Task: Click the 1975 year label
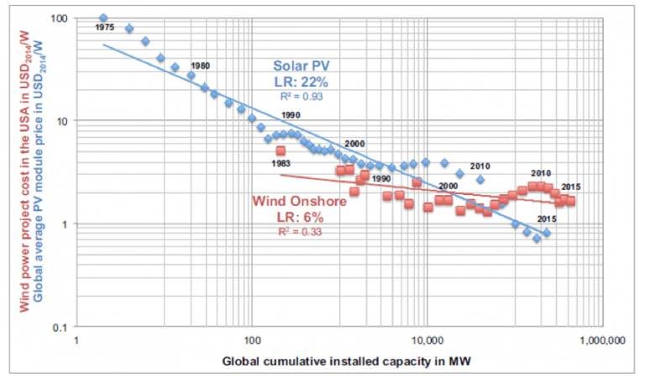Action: pos(105,28)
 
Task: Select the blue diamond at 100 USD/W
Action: pos(103,18)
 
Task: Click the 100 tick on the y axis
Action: pos(58,18)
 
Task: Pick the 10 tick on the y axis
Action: pos(61,121)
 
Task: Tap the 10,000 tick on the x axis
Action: pos(427,343)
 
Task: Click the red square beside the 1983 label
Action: pos(281,151)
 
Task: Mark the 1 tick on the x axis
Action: pos(76,343)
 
